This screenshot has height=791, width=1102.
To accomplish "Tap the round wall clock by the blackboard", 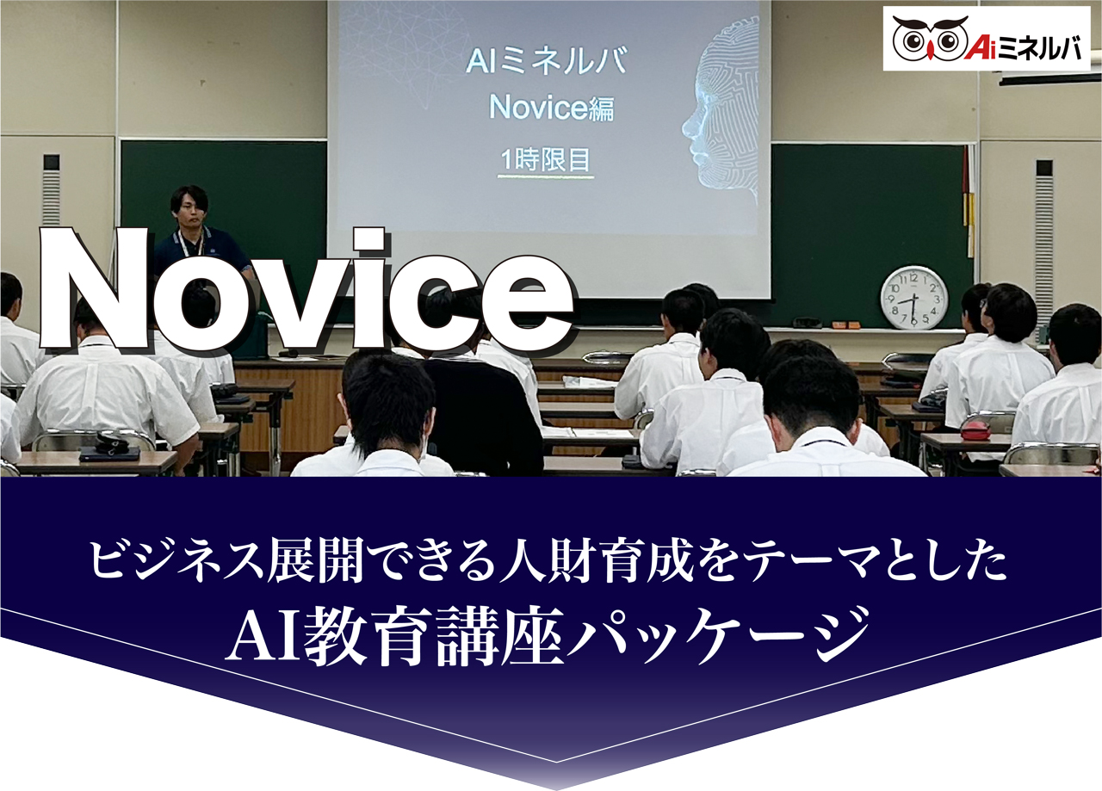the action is tap(913, 298).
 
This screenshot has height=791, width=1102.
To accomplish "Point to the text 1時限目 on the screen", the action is tap(546, 159).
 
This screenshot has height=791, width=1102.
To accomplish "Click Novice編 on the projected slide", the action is tap(552, 107).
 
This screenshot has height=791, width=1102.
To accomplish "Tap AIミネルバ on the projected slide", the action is tap(546, 61).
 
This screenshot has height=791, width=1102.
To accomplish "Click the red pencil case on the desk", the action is tap(975, 430).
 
